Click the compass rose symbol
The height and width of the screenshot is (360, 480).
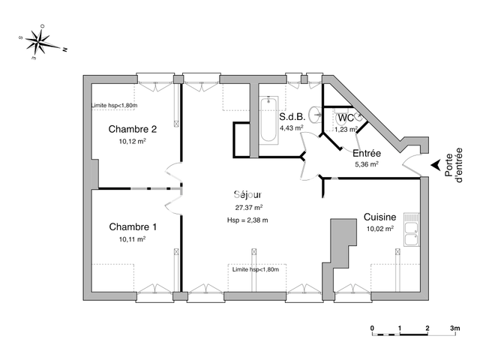39,43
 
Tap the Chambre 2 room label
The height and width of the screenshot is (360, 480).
133,127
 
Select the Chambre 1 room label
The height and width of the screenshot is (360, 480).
133,227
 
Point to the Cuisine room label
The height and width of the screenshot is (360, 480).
379,216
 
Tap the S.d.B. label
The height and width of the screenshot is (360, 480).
292,117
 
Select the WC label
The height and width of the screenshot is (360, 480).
345,118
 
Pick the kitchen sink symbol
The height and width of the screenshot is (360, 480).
411,229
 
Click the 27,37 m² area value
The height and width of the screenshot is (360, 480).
248,208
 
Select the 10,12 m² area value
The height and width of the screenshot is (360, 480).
132,140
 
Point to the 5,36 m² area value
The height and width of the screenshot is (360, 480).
366,164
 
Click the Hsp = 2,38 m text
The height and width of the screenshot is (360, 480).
247,220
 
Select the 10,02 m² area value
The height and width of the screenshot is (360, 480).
379,229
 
